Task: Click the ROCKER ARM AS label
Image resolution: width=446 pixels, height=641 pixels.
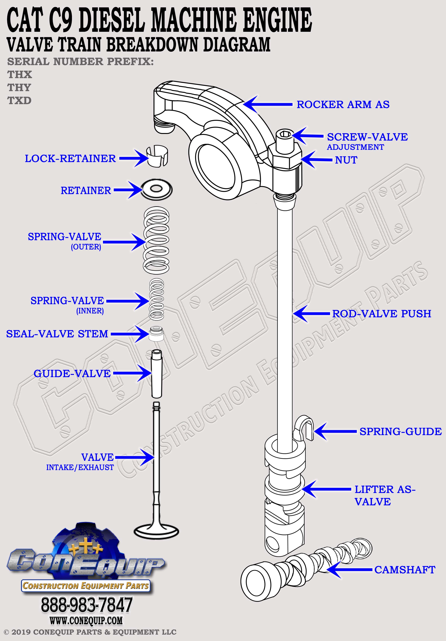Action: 343,104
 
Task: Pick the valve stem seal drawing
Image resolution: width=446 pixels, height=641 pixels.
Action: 156,333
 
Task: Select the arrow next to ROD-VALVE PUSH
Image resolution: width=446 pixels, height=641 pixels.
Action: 311,313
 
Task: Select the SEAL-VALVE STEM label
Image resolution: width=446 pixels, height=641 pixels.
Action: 57,334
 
